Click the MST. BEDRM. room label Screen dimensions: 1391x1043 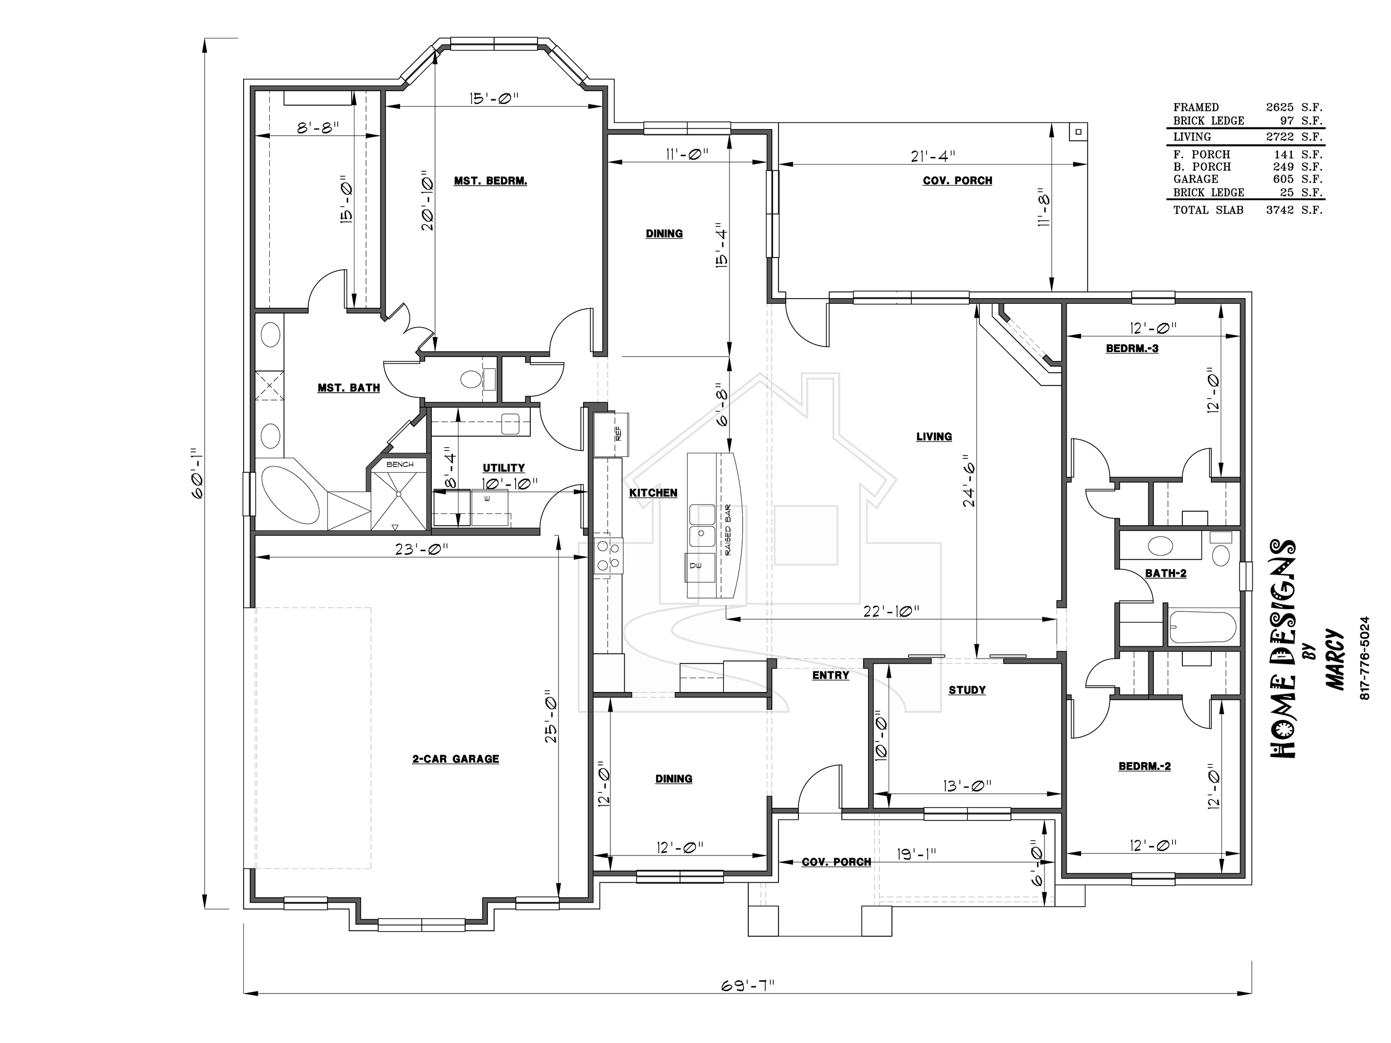click(x=491, y=181)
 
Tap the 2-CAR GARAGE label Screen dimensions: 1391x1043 click(x=456, y=759)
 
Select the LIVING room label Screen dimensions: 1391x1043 click(x=934, y=436)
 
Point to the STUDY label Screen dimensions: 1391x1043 click(x=967, y=690)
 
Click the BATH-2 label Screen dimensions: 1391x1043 click(x=1166, y=573)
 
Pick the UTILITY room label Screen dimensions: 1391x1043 click(x=504, y=468)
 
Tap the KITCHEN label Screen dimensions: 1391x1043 click(x=653, y=493)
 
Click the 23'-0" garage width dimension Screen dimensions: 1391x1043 click(x=421, y=549)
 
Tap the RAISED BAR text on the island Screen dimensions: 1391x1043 click(x=728, y=530)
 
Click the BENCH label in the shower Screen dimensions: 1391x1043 click(x=400, y=464)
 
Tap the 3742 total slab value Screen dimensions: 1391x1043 click(x=1280, y=210)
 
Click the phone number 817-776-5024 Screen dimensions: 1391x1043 click(x=1363, y=658)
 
